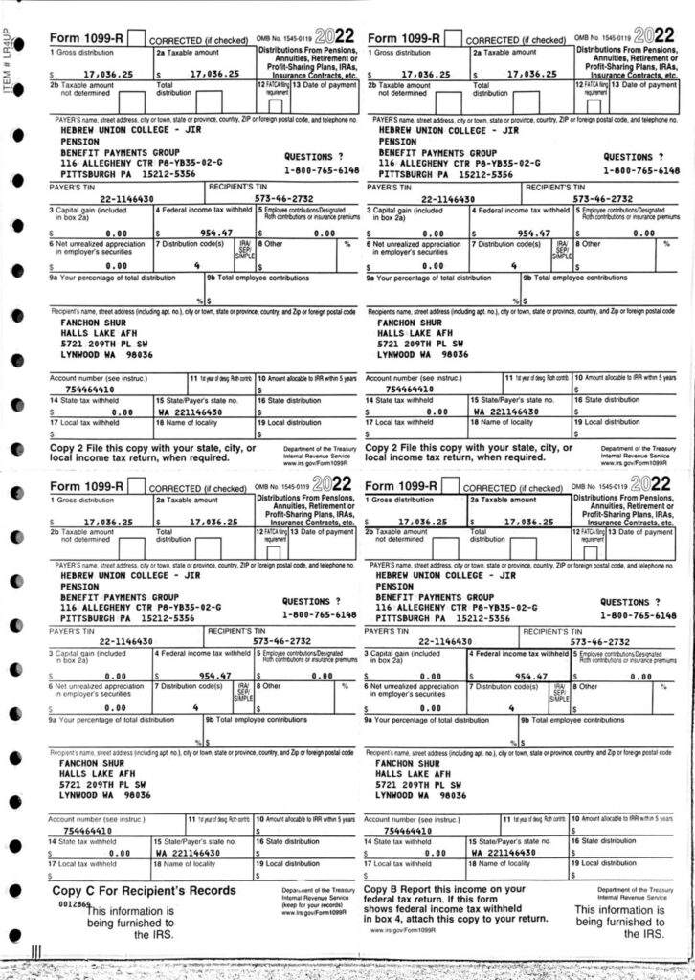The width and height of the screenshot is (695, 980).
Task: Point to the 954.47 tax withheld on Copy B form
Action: pos(529,676)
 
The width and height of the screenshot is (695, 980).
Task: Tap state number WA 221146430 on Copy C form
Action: pos(189,851)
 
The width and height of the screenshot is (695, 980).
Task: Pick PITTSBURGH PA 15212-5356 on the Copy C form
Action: pos(126,618)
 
